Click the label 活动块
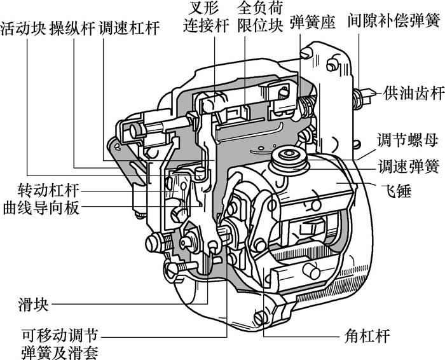pyautogui.click(x=24, y=28)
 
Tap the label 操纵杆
pyautogui.click(x=72, y=28)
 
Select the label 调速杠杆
pyautogui.click(x=129, y=28)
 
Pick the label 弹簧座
pyautogui.click(x=313, y=22)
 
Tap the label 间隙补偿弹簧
pyautogui.click(x=394, y=20)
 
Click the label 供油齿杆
pyautogui.click(x=414, y=93)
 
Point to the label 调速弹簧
pyautogui.click(x=409, y=167)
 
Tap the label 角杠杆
pyautogui.click(x=367, y=336)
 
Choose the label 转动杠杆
pyautogui.click(x=48, y=190)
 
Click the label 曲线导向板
pyautogui.click(x=41, y=208)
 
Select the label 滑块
pyautogui.click(x=33, y=305)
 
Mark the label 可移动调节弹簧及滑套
pyautogui.click(x=60, y=344)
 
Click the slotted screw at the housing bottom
pyautogui.click(x=260, y=317)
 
